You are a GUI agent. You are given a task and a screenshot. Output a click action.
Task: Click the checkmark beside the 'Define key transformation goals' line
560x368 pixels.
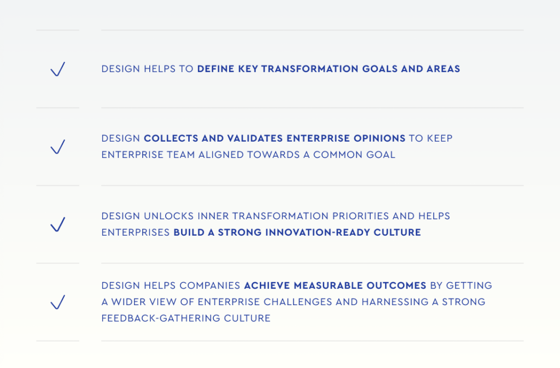[x=57, y=69]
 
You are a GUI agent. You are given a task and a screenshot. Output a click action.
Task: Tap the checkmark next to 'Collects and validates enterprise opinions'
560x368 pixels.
[x=57, y=147]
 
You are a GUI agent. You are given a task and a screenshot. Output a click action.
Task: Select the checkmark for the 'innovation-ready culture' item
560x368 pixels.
[x=57, y=225]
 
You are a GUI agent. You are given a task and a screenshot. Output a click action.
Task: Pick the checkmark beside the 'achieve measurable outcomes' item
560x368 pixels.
[x=57, y=302]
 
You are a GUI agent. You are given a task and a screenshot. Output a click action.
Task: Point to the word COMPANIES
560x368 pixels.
[x=210, y=285]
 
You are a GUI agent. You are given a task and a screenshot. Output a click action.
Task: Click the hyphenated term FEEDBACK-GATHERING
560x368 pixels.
[x=163, y=318]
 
